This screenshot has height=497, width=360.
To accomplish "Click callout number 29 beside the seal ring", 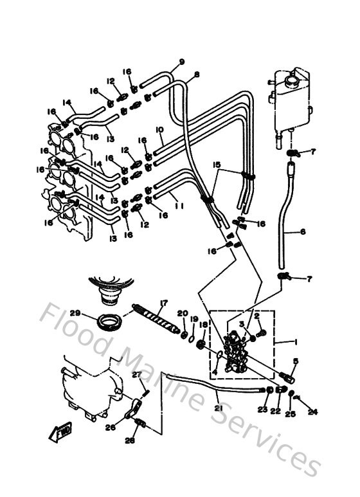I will pyautogui.click(x=76, y=313).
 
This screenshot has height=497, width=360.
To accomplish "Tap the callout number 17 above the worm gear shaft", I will pyautogui.click(x=164, y=303).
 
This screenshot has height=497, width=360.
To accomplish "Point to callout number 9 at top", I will pyautogui.click(x=182, y=62).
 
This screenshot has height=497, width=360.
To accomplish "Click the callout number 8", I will pyautogui.click(x=197, y=75).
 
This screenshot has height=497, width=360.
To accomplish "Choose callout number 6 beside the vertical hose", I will pyautogui.click(x=303, y=232).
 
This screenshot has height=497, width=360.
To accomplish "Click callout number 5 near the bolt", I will pyautogui.click(x=296, y=361).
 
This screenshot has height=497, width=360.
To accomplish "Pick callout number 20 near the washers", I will pyautogui.click(x=182, y=313).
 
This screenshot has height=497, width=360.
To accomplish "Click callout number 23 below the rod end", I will pyautogui.click(x=262, y=409).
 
